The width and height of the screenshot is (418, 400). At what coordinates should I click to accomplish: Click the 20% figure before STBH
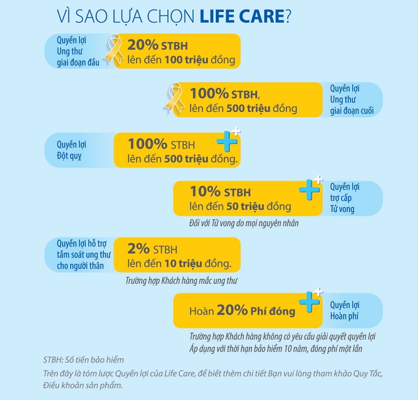142,45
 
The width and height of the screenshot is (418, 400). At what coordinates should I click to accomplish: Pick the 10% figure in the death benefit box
205,192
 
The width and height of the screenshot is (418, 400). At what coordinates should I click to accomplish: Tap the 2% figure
138,248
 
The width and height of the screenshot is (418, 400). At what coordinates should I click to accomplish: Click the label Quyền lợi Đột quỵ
72,150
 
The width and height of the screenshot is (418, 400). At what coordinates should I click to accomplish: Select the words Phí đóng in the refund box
272,311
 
